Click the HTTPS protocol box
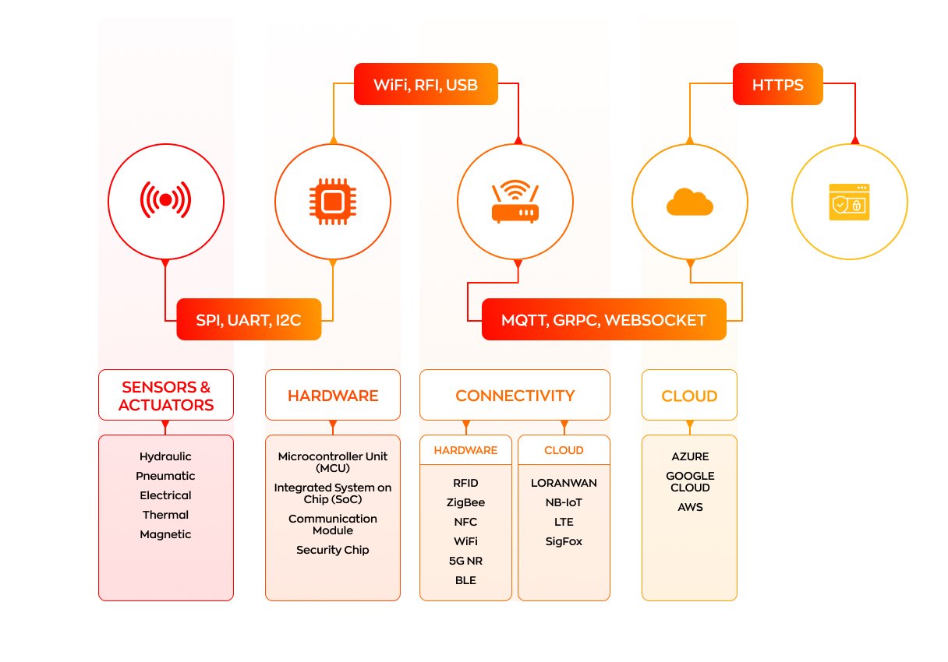click(x=777, y=84)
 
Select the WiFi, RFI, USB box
click(x=426, y=84)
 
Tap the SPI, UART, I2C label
click(x=249, y=319)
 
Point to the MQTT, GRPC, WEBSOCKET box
click(x=604, y=319)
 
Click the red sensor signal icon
click(x=165, y=200)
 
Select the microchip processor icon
click(x=333, y=202)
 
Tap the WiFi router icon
click(x=515, y=201)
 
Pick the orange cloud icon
click(x=690, y=202)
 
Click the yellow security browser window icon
click(x=849, y=202)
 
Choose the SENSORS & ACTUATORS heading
click(x=166, y=396)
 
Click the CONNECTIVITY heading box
click(x=515, y=395)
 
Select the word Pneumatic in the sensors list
click(x=165, y=476)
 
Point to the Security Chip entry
click(x=333, y=550)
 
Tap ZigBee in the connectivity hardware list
click(x=465, y=502)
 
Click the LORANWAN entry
click(x=564, y=483)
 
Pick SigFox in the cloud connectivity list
click(x=564, y=541)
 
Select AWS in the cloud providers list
click(x=690, y=507)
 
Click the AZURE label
click(x=690, y=456)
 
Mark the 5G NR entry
click(x=465, y=561)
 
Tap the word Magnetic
click(x=165, y=535)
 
